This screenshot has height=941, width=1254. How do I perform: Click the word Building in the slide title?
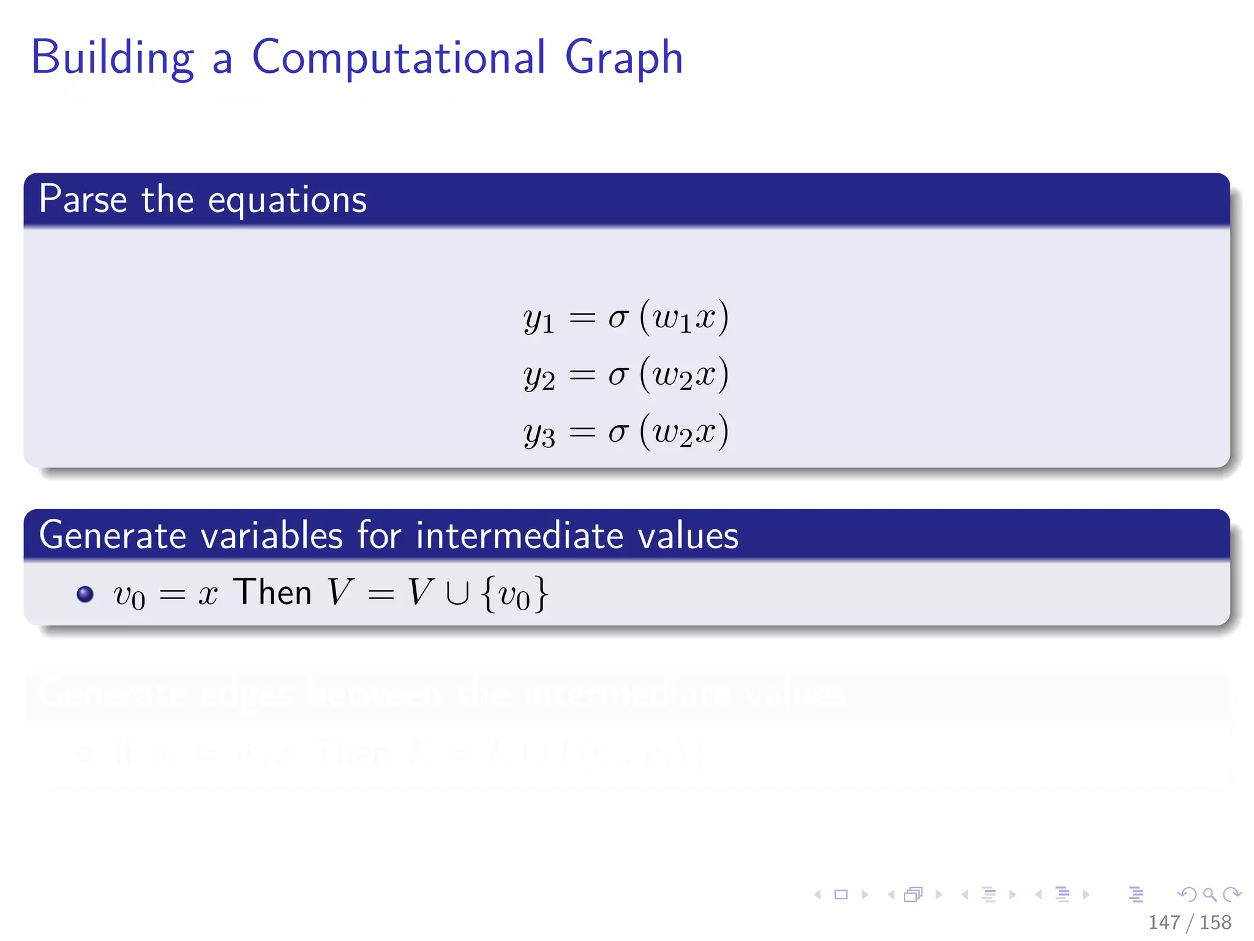click(x=113, y=58)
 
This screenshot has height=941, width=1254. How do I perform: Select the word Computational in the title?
click(x=398, y=58)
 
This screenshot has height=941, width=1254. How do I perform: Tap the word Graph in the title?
click(x=623, y=58)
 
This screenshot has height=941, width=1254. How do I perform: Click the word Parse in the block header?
click(x=83, y=200)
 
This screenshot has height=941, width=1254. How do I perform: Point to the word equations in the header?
click(x=287, y=201)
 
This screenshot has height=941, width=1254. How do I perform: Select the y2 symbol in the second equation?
click(x=539, y=376)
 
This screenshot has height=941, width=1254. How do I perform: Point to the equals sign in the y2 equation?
click(x=582, y=375)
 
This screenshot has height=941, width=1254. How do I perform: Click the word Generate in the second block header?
click(x=113, y=535)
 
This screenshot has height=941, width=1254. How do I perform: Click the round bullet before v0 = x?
click(x=85, y=594)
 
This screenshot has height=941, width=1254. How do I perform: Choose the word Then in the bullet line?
click(x=272, y=592)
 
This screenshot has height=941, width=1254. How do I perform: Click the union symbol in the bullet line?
click(x=457, y=594)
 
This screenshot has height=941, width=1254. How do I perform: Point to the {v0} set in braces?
click(x=515, y=594)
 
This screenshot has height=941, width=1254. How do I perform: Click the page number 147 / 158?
click(x=1189, y=922)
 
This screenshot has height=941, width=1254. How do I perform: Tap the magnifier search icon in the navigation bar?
click(x=1209, y=894)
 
